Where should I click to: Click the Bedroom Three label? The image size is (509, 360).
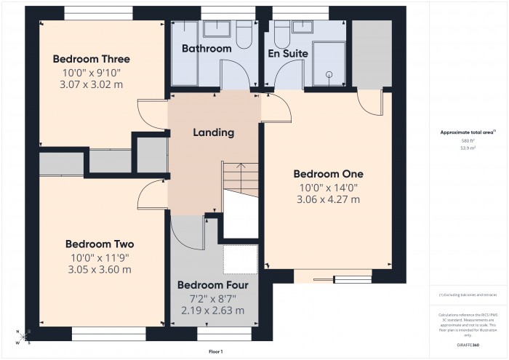[85, 59]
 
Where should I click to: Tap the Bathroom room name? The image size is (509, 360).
[207, 49]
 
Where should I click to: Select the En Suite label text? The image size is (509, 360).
[288, 54]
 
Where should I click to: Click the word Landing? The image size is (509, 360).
[213, 132]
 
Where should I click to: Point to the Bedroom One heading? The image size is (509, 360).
[328, 174]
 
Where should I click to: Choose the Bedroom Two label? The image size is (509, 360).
[99, 244]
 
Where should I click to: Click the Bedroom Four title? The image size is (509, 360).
[212, 284]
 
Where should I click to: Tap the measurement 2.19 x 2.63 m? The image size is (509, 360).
[212, 311]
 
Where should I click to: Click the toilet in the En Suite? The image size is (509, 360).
[279, 29]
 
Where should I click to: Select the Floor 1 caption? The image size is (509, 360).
[216, 351]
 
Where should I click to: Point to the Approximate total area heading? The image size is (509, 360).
[467, 132]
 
